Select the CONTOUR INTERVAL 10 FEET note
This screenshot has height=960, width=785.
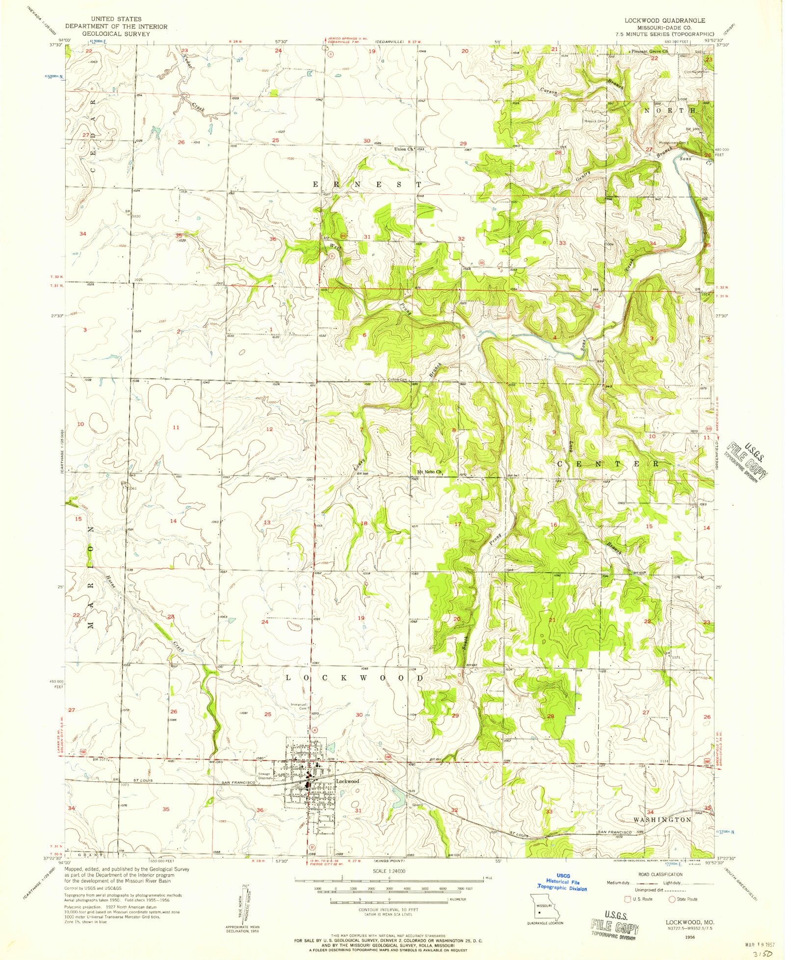[x=389, y=908]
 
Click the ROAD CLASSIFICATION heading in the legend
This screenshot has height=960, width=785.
[x=660, y=874]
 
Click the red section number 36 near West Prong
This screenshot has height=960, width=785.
[x=273, y=239]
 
